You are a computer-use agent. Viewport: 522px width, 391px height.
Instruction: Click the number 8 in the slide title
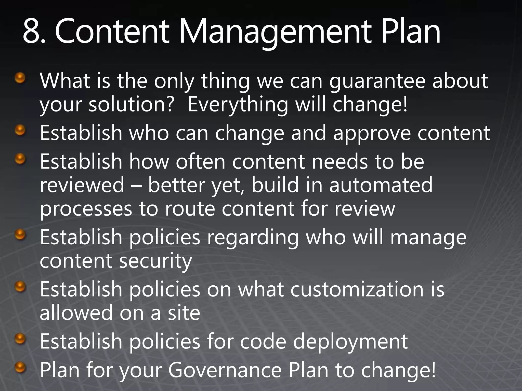[x=32, y=32]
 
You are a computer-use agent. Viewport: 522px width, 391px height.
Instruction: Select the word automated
[x=381, y=185]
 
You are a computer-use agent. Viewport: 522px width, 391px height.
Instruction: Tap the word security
[x=155, y=261]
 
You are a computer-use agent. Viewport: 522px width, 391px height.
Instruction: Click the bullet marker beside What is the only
[x=20, y=78]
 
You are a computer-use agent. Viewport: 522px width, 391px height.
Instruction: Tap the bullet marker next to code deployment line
[x=20, y=339]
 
